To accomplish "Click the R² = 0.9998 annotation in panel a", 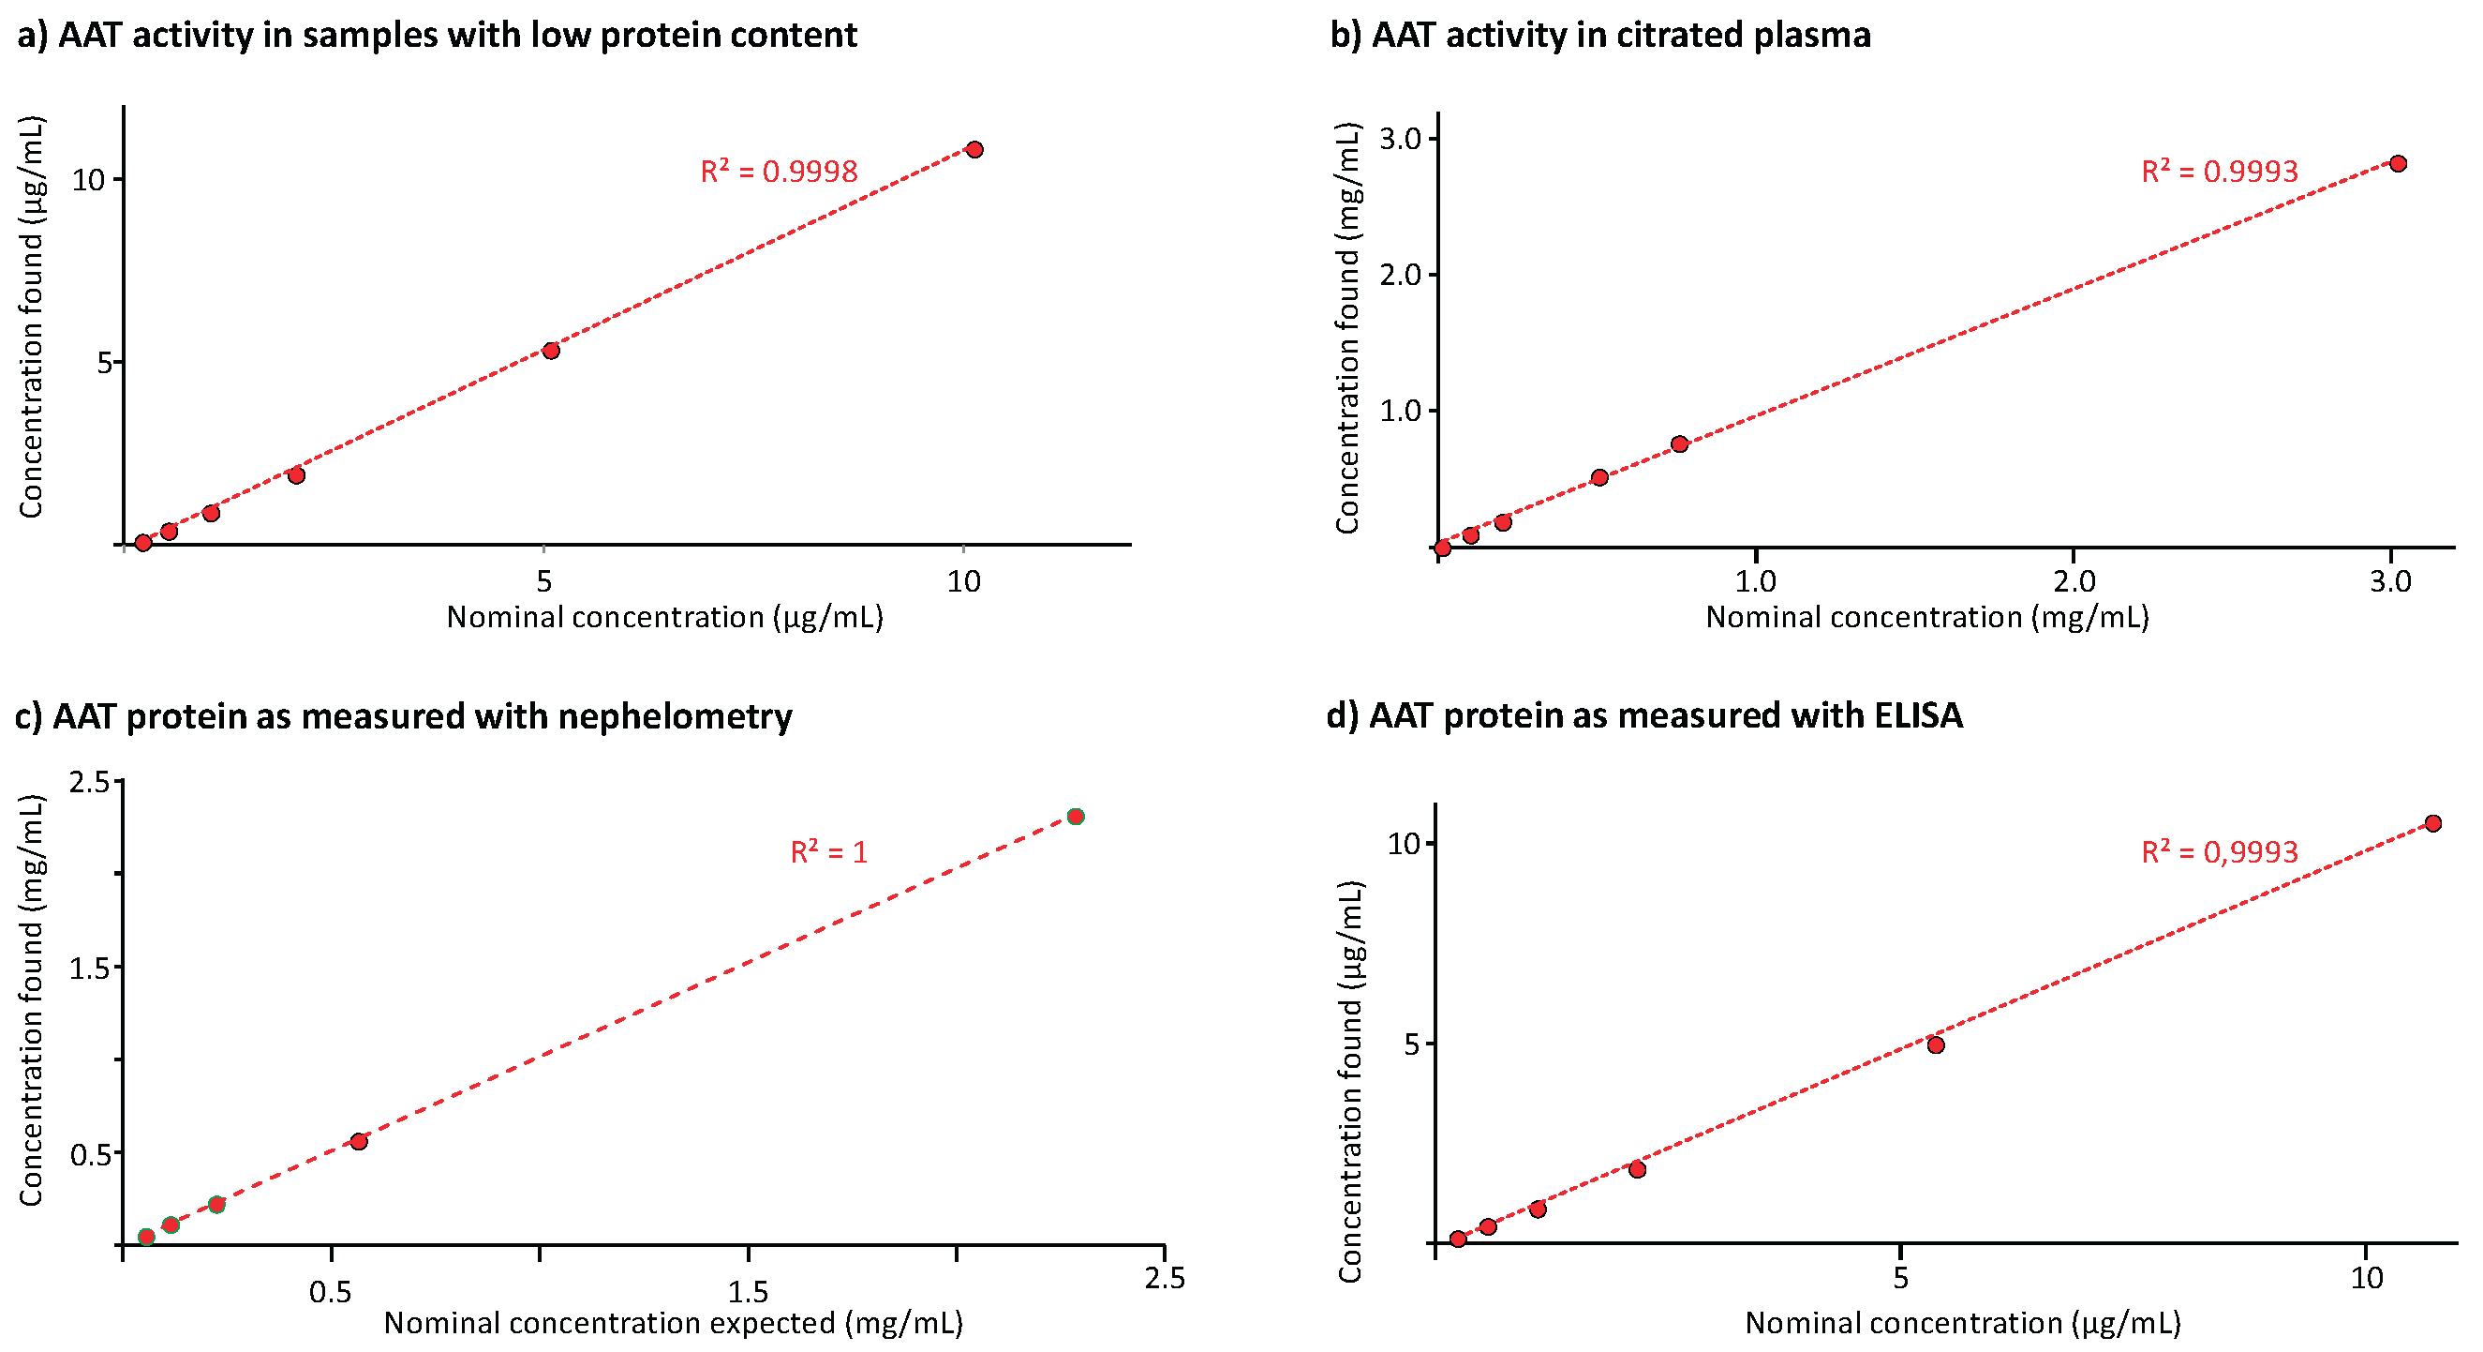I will tap(778, 172).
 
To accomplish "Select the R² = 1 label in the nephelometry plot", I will tap(828, 852).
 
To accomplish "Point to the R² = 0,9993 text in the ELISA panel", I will tap(2219, 852).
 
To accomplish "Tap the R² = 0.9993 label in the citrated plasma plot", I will tap(2219, 172).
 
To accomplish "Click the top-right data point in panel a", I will tap(974, 149).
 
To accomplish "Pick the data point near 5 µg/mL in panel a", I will tap(551, 350).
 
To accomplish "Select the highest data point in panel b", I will tap(2398, 164).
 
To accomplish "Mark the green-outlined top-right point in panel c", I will tap(1076, 817).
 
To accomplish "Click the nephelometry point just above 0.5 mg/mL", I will tap(359, 1142).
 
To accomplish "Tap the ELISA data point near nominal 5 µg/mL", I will tap(1936, 1045).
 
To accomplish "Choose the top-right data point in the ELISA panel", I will tap(2433, 823).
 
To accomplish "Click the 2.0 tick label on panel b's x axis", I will tap(2074, 581).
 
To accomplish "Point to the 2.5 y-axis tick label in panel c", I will tap(90, 782).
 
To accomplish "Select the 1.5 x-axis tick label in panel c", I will tap(748, 1291).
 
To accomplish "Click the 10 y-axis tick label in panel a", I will tap(89, 180).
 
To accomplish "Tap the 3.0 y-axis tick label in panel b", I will tap(1400, 139).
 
